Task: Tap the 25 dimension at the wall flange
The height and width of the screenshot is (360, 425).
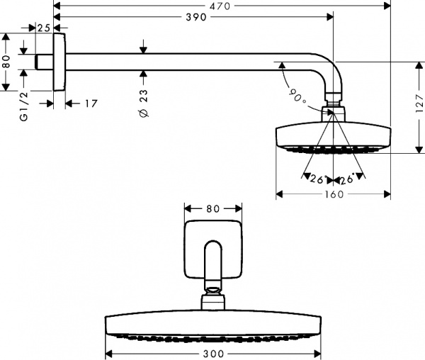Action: click(43, 28)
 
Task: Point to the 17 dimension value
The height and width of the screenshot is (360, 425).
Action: click(91, 103)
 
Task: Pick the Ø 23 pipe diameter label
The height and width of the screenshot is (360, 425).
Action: click(144, 103)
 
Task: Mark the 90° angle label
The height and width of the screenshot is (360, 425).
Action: click(297, 96)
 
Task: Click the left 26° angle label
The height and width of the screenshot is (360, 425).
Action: click(316, 179)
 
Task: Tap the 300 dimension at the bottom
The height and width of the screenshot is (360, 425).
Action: click(213, 353)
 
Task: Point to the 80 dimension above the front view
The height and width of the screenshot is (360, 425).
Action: click(213, 208)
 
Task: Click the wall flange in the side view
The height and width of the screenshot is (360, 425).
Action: click(59, 62)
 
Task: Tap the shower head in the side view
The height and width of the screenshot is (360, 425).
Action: click(332, 136)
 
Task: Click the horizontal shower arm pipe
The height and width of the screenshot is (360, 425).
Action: click(177, 62)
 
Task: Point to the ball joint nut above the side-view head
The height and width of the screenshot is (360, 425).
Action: click(332, 111)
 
